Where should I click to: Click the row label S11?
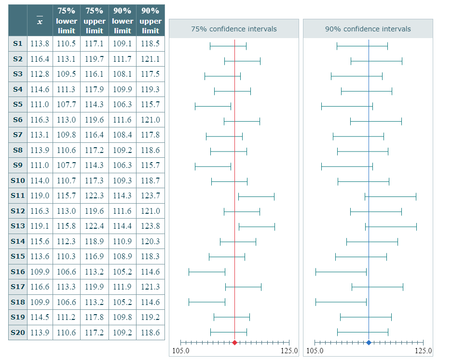click(x=17, y=195)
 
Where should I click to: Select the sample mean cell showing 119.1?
click(x=40, y=226)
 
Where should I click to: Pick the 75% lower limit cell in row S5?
click(x=66, y=104)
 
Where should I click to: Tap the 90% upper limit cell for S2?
click(x=151, y=59)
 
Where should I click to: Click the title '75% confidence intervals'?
click(x=234, y=29)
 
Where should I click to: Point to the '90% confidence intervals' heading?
click(x=368, y=29)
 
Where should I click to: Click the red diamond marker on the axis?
click(x=234, y=343)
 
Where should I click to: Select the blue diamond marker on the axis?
click(x=369, y=343)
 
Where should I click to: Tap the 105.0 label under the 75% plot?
click(x=180, y=351)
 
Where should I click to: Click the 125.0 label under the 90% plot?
click(x=423, y=351)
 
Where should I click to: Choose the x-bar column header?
click(x=40, y=21)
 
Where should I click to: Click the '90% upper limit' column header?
click(x=151, y=21)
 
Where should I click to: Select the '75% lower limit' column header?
click(x=66, y=21)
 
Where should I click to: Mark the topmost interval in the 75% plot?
click(x=228, y=46)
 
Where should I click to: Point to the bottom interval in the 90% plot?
click(x=362, y=332)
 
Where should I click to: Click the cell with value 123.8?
click(x=151, y=226)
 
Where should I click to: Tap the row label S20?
click(x=17, y=332)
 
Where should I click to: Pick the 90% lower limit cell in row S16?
click(x=123, y=272)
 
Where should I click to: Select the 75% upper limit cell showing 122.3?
click(x=95, y=195)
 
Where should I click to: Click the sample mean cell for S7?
click(x=40, y=135)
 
